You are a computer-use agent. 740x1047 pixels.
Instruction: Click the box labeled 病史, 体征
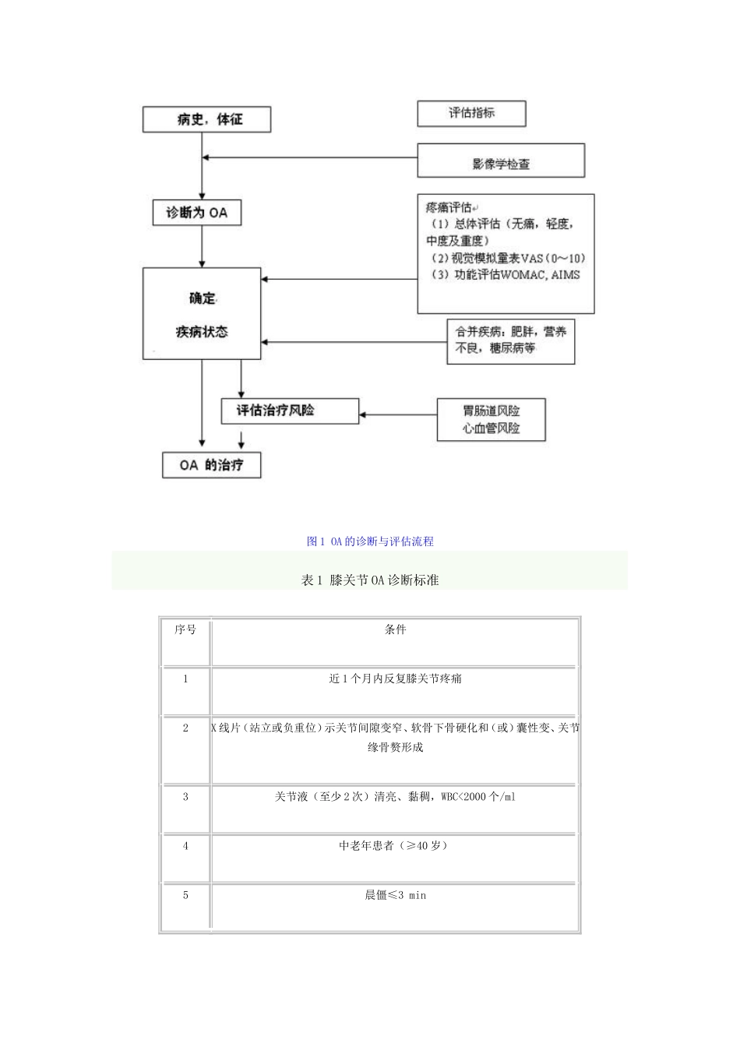pos(206,120)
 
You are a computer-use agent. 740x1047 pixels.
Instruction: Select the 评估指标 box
pos(471,113)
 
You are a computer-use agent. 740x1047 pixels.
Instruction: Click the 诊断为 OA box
pos(196,212)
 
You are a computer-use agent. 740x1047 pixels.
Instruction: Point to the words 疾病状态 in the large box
pos(202,332)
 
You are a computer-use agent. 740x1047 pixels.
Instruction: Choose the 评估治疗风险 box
pos(290,411)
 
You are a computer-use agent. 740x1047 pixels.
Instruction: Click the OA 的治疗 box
pos(211,465)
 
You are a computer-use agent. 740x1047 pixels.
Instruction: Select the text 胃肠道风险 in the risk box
pos(491,411)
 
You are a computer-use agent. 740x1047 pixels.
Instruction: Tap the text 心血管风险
pos(491,428)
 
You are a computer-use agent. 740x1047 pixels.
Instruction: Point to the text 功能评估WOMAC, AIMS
pos(506,275)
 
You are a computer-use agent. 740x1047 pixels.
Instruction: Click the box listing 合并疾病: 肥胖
pos(510,340)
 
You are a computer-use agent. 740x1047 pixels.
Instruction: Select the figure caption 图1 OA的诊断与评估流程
pos(370,541)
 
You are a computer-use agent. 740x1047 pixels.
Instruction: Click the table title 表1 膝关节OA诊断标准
pos(370,580)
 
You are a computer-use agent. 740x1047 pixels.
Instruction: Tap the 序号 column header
pos(185,629)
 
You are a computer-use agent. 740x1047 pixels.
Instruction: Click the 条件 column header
pos(395,629)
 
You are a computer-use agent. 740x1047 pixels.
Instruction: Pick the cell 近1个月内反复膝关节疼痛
pos(395,679)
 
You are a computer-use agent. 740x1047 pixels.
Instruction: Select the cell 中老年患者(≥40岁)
pos(395,845)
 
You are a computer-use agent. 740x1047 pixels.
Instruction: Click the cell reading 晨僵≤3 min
pos(395,895)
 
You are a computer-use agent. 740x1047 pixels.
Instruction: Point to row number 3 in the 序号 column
pos(185,796)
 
